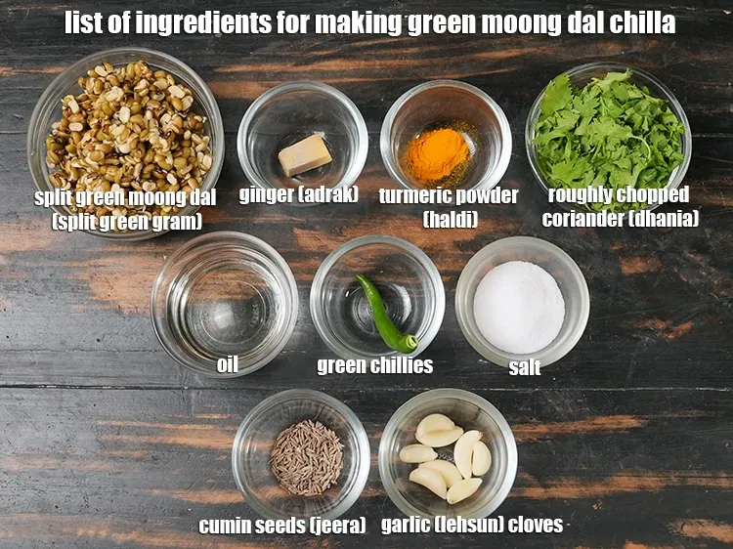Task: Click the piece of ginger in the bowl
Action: (305, 155)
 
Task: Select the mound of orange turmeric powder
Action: (436, 154)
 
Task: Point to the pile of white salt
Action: (519, 307)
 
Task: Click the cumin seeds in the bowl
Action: (307, 457)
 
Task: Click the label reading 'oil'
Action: (227, 364)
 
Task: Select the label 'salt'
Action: (525, 367)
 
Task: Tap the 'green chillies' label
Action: (374, 366)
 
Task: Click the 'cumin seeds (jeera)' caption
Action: (281, 526)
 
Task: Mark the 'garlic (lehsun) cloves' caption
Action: (471, 525)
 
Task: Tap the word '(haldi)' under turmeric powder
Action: (450, 219)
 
